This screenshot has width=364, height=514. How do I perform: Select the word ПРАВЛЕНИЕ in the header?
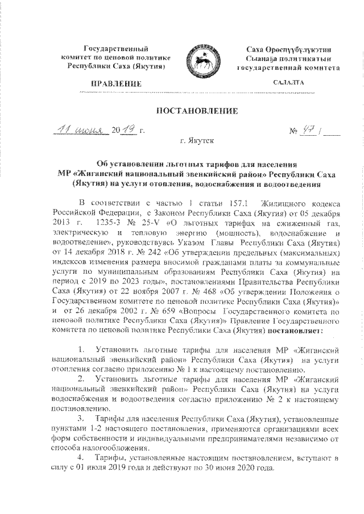[121, 84]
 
